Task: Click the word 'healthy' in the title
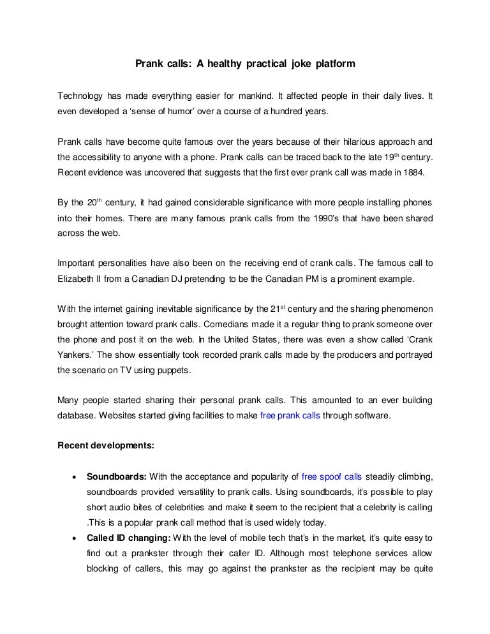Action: tap(223, 64)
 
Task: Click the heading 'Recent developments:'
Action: tap(105, 445)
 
